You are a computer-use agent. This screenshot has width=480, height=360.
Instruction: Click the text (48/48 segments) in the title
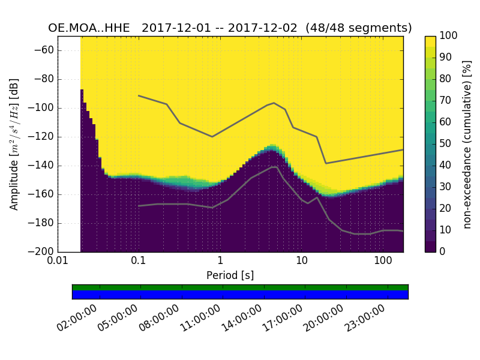[359, 28]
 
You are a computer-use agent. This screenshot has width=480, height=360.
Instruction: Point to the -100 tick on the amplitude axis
[43, 108]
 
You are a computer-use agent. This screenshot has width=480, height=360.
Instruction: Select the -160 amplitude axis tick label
[43, 194]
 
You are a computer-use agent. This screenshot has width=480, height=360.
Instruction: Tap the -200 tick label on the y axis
[43, 251]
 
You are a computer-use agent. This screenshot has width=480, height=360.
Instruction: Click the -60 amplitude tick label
[46, 50]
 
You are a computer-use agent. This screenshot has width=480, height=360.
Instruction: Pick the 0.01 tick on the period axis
[58, 262]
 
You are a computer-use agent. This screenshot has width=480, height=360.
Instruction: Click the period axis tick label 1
[220, 262]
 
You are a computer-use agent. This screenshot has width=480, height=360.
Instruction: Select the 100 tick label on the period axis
[383, 262]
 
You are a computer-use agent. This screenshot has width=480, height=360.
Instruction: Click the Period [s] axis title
[230, 275]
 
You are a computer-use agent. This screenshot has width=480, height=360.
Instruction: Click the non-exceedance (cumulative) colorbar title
[467, 144]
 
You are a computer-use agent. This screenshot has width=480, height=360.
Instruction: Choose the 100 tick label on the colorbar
[449, 36]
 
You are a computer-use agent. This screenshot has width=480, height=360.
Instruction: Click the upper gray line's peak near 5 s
[274, 103]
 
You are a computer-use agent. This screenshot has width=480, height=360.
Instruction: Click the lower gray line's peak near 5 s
[274, 167]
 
